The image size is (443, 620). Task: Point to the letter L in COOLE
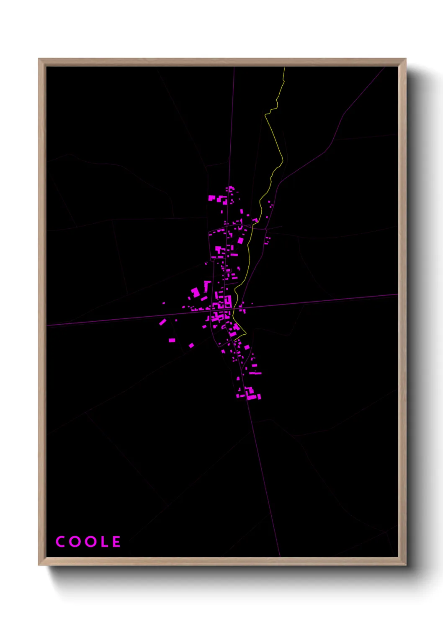103,542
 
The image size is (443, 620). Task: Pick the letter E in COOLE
116,542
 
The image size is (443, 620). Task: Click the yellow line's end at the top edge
284,68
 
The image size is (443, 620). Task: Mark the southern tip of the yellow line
245,333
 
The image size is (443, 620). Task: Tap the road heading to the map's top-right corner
360,95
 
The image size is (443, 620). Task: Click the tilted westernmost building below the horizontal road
162,322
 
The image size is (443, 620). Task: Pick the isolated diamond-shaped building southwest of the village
191,346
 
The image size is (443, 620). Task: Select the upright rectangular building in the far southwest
172,340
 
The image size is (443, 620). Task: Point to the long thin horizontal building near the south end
255,373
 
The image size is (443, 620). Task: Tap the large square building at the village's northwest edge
212,198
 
